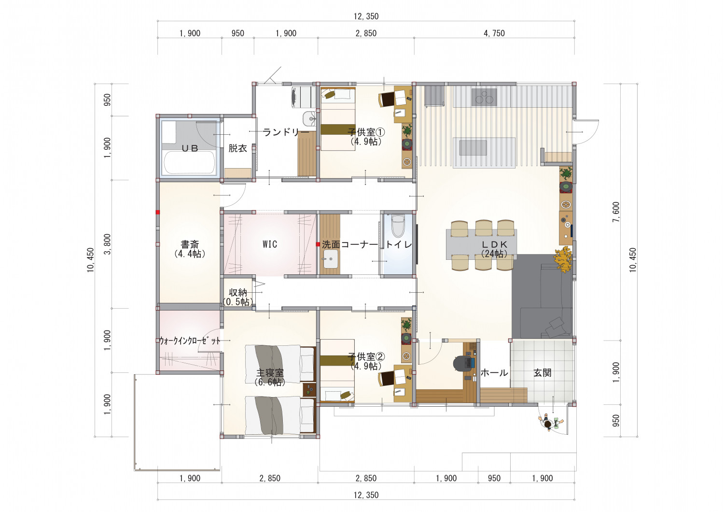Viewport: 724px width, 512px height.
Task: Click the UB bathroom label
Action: click(190, 148)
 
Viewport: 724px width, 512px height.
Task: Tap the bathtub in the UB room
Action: click(189, 163)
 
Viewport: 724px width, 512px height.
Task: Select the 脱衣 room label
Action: click(237, 148)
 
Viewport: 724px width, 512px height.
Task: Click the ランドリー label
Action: click(286, 132)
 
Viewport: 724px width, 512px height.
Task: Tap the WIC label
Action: click(269, 244)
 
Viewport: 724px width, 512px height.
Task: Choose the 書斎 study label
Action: click(190, 244)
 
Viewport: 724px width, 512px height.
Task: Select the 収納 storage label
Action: click(238, 292)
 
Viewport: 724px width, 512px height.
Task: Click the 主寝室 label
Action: click(270, 373)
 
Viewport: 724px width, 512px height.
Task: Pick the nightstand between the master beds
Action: click(309, 389)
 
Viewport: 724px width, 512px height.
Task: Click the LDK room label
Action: click(494, 245)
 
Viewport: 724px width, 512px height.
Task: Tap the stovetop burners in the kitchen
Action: click(484, 97)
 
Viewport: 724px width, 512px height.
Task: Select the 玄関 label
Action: click(543, 372)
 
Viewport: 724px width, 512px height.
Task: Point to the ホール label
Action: click(494, 373)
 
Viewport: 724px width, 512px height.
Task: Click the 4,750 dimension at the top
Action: click(494, 33)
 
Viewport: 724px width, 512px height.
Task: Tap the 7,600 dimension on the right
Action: click(616, 212)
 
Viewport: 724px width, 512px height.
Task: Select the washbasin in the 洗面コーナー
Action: click(331, 259)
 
